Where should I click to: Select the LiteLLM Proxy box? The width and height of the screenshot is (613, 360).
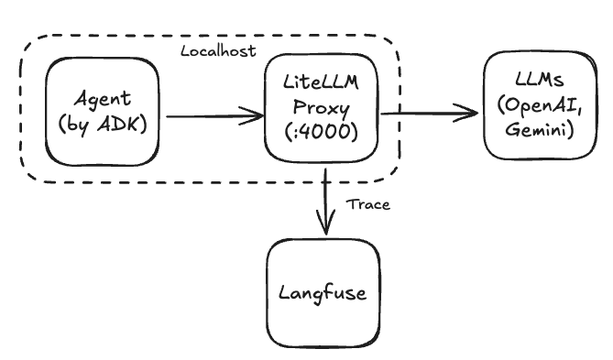(x=320, y=106)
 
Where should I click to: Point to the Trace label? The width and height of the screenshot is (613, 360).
(x=368, y=204)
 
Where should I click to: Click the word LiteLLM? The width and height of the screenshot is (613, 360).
(x=320, y=84)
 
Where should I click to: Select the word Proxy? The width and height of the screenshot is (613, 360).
(x=320, y=106)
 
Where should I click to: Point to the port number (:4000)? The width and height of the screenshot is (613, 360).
(x=320, y=129)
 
